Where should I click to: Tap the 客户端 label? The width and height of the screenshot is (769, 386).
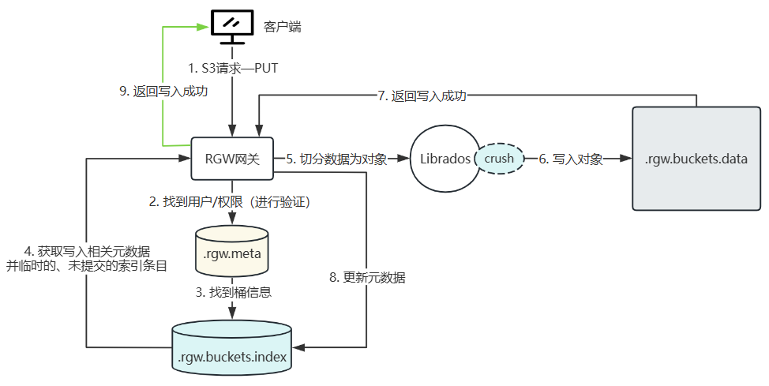[283, 28]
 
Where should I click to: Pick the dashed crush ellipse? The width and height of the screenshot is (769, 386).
[499, 159]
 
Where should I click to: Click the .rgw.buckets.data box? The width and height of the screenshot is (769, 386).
[696, 159]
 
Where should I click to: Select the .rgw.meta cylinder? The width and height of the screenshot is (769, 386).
[231, 253]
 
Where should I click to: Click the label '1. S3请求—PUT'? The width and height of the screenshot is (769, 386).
[233, 69]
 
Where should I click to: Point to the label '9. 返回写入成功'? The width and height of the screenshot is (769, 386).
[163, 92]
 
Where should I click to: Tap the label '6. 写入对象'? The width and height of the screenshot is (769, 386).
[571, 159]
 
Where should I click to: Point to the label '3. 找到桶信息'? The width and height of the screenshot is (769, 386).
[233, 292]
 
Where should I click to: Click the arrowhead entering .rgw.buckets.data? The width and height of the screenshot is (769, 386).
[628, 159]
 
